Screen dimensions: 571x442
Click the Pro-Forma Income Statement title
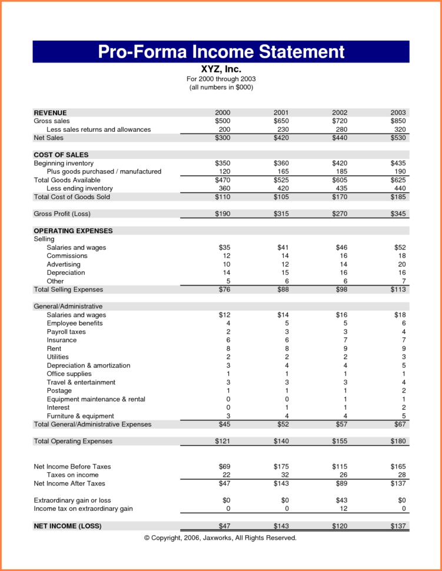click(221, 52)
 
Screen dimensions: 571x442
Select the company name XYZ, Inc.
click(221, 69)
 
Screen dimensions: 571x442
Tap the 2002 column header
click(340, 112)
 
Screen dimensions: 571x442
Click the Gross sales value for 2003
click(398, 121)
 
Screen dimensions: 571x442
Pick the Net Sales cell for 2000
click(223, 138)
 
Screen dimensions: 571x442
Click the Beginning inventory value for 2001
click(281, 163)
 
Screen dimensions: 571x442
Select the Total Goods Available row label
click(67, 180)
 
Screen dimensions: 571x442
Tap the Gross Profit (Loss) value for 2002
click(340, 214)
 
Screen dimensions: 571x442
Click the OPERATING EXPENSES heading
click(73, 231)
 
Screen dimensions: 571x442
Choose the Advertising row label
click(64, 264)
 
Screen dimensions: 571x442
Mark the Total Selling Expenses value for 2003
click(398, 290)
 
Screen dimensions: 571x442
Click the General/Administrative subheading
click(68, 307)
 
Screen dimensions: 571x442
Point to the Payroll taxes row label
click(66, 332)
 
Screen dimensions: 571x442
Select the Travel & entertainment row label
click(81, 383)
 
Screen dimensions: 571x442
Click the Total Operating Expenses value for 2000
click(223, 441)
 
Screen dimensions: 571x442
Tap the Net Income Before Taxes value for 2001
click(281, 467)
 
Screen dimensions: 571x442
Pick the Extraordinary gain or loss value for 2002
click(341, 500)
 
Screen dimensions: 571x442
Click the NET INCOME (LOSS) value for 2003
click(398, 526)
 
